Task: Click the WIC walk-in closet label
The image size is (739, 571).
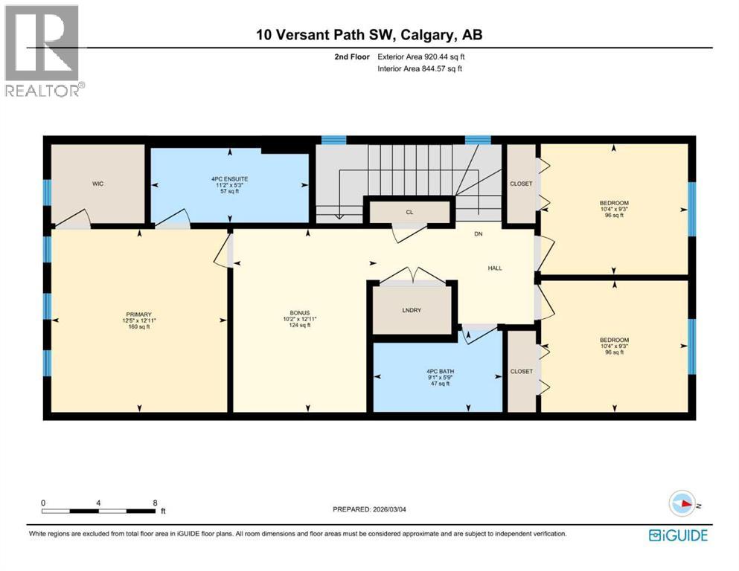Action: click(97, 184)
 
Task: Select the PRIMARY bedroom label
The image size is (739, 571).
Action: click(139, 314)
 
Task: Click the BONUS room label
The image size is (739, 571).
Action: click(299, 312)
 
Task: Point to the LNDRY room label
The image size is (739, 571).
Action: click(412, 310)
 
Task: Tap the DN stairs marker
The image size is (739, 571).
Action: click(480, 234)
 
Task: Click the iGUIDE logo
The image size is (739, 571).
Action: click(678, 535)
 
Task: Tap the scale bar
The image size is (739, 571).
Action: click(99, 511)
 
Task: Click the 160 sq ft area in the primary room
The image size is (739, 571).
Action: click(139, 327)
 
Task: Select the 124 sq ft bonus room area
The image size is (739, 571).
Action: click(299, 326)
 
